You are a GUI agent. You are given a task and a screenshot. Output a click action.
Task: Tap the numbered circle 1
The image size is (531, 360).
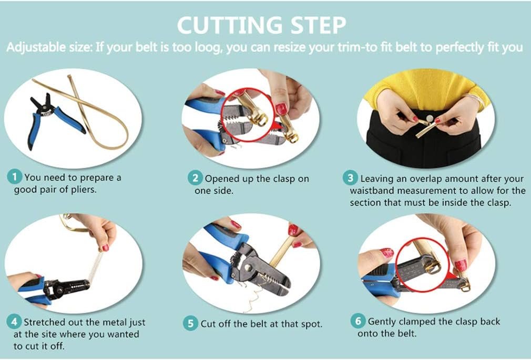point(14,177)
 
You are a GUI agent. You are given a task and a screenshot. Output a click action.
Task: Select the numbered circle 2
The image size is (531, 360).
point(196,178)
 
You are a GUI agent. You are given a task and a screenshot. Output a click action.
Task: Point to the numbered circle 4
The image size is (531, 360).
point(14,322)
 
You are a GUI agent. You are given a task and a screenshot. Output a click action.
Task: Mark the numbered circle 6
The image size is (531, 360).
point(358,321)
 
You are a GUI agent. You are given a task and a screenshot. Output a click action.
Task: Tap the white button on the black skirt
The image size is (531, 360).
point(430,119)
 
